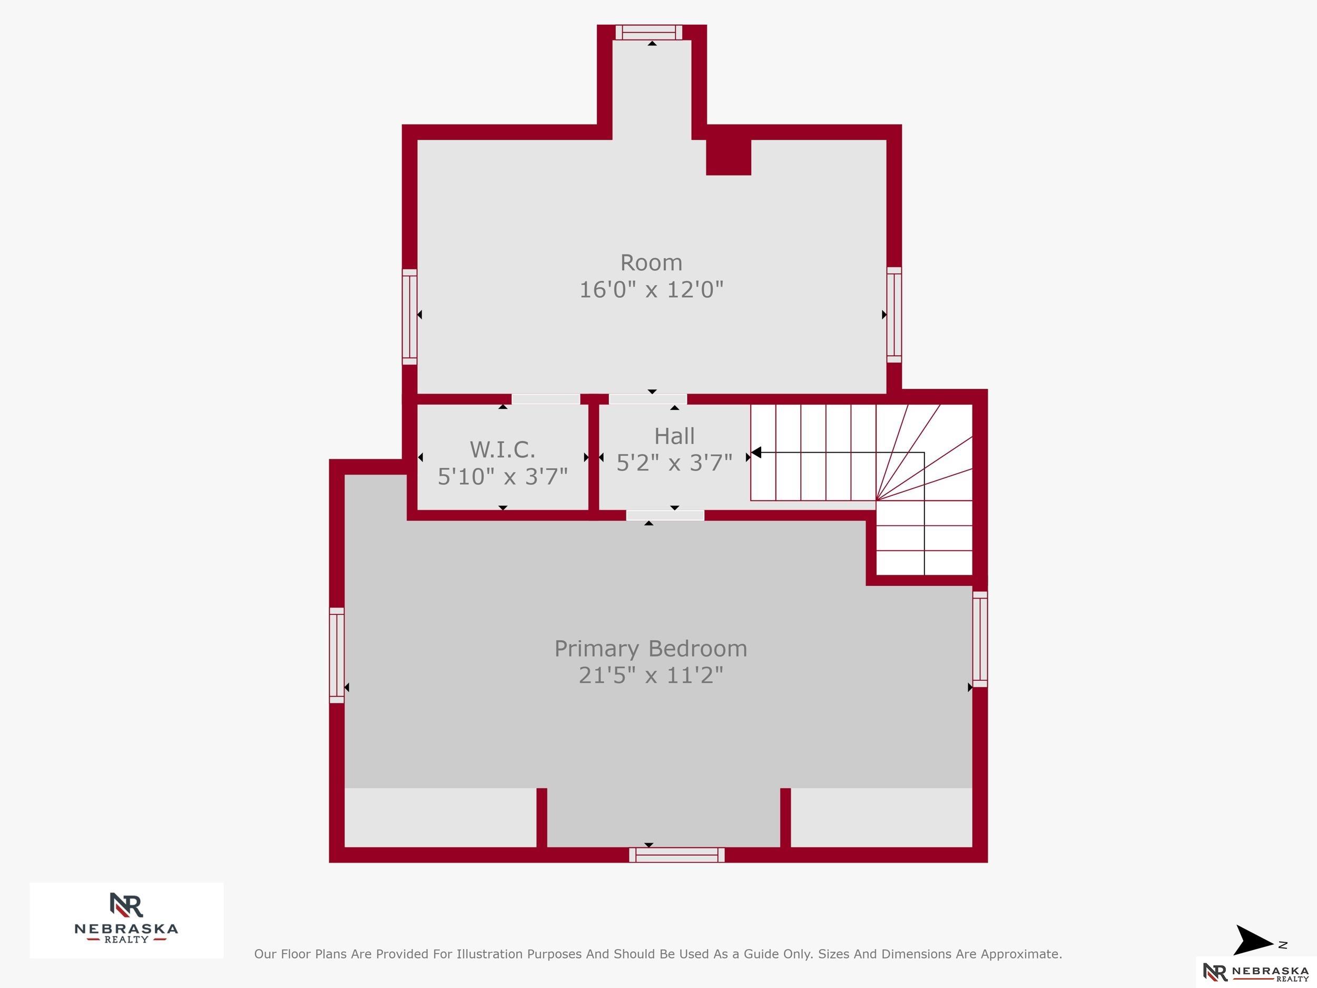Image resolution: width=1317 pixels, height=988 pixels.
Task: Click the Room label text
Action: click(x=651, y=262)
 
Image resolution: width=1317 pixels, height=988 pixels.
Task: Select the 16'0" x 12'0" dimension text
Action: click(x=651, y=290)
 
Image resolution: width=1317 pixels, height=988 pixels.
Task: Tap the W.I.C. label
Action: click(x=503, y=449)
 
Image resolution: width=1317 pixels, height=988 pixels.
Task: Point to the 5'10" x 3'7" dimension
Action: click(x=503, y=476)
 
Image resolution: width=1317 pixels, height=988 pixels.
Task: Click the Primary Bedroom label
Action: click(x=651, y=649)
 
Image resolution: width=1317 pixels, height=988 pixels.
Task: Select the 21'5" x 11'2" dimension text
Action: click(x=651, y=676)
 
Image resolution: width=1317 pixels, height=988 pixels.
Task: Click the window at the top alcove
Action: click(x=649, y=32)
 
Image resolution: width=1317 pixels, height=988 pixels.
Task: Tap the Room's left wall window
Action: click(x=410, y=317)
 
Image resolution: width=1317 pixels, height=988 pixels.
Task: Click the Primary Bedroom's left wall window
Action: click(x=337, y=655)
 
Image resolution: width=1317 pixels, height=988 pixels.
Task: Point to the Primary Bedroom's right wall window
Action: click(x=980, y=639)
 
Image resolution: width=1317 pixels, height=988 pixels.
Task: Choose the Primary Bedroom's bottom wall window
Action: click(x=677, y=855)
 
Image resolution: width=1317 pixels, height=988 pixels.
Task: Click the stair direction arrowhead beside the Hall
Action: click(x=756, y=453)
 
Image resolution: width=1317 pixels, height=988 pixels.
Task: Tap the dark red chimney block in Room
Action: click(x=729, y=157)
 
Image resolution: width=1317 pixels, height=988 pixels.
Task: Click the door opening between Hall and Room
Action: click(x=648, y=399)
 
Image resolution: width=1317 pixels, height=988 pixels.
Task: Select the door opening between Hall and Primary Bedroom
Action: click(x=665, y=516)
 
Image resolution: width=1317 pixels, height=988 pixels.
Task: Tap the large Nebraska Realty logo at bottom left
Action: click(x=126, y=920)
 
